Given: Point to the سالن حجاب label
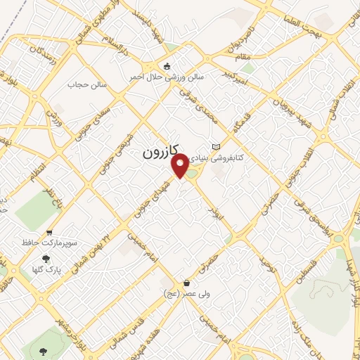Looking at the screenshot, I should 86,84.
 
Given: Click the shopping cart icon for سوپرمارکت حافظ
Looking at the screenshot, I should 49,233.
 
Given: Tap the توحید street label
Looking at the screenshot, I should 264,266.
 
